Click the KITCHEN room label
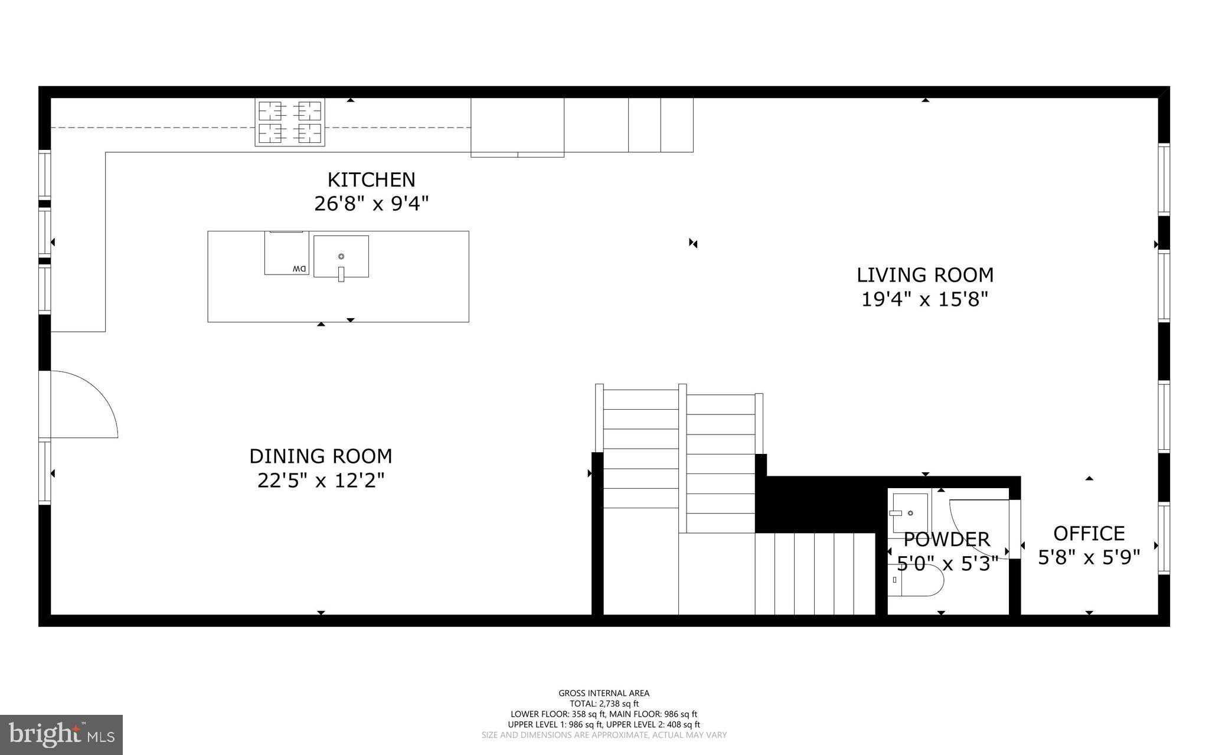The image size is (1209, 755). (371, 179)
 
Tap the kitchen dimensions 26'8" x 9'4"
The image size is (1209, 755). (371, 204)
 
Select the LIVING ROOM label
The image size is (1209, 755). (925, 275)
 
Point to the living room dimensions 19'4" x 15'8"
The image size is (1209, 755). (925, 300)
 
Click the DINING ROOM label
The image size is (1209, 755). (321, 456)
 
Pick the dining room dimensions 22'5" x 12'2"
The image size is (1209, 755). (321, 481)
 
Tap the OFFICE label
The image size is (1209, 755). (1089, 534)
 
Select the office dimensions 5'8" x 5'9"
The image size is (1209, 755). (1089, 557)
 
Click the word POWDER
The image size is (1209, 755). (946, 540)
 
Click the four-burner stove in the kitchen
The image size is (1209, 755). (290, 122)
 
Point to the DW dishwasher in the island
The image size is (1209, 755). (286, 254)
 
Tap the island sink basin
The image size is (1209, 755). (341, 257)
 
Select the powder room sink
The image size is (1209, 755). (910, 512)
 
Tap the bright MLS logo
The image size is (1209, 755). (61, 734)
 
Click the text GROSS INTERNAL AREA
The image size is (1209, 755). (604, 694)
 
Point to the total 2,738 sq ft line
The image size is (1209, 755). (604, 704)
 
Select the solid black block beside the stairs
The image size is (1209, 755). (821, 505)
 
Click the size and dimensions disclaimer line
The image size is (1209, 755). (604, 736)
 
